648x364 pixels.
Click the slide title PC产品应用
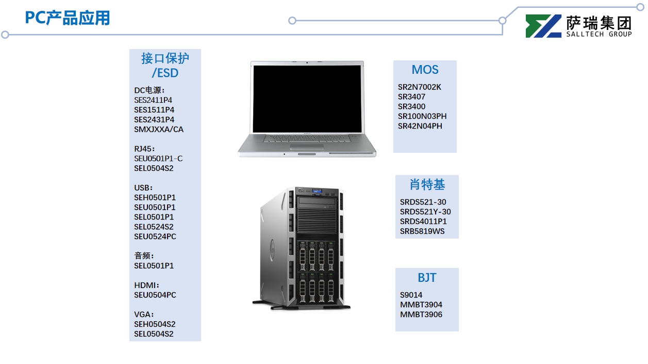coord(68,18)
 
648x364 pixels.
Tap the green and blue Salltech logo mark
coord(543,26)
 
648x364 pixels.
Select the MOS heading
coord(425,70)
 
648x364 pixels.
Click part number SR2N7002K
coord(419,87)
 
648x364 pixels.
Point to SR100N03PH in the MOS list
coord(422,116)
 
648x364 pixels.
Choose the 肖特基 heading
coord(427,185)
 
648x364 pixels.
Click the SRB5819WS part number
coord(422,231)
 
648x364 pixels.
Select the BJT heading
coord(427,278)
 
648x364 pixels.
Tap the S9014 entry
coord(411,295)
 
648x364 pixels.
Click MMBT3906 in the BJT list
coord(421,314)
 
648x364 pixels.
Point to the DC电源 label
coord(149,90)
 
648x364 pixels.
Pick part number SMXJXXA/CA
coord(158,130)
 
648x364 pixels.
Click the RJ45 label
coord(144,149)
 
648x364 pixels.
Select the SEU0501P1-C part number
coord(158,159)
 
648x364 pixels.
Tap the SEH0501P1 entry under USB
coord(155,197)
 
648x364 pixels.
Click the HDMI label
coord(147,285)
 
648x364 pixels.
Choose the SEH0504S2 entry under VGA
coord(154,324)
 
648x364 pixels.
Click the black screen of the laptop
coord(307,97)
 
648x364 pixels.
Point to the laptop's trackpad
coord(307,146)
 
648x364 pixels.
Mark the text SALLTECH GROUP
coord(599,34)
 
